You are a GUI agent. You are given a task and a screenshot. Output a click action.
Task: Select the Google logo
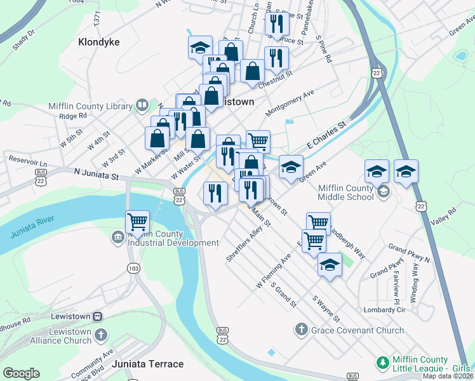tap(21, 373)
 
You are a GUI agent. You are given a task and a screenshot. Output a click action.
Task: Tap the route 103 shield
tap(133, 269)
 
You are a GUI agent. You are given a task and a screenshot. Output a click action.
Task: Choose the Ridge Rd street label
tap(72, 116)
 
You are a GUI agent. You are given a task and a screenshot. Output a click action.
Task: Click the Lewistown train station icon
tap(98, 316)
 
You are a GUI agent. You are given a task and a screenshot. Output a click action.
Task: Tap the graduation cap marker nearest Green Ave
tap(291, 168)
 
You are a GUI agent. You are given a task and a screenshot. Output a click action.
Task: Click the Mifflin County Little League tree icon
tap(382, 363)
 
